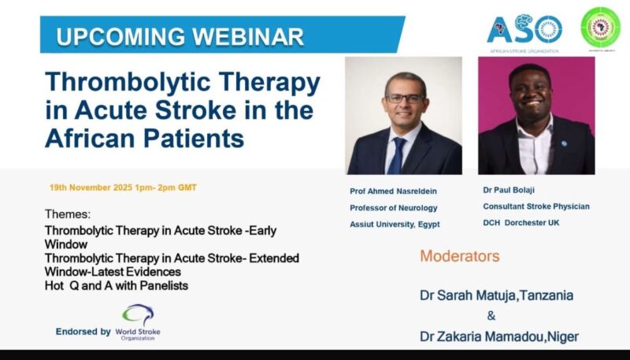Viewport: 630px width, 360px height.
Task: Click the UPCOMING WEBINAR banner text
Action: click(180, 36)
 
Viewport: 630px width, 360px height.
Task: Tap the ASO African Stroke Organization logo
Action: click(524, 32)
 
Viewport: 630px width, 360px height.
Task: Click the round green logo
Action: click(600, 28)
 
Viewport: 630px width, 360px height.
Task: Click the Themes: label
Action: click(68, 213)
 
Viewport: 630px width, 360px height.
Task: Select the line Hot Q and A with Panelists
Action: click(117, 285)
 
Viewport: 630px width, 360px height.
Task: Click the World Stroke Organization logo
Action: click(139, 322)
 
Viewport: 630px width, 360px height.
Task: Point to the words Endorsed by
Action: click(83, 332)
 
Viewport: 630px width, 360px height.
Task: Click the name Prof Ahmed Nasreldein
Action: click(395, 191)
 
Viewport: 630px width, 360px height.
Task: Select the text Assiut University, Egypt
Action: click(395, 224)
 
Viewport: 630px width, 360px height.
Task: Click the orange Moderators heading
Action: click(459, 256)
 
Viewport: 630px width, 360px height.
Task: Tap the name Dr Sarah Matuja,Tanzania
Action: click(495, 295)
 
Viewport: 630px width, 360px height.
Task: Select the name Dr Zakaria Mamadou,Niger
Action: click(498, 336)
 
